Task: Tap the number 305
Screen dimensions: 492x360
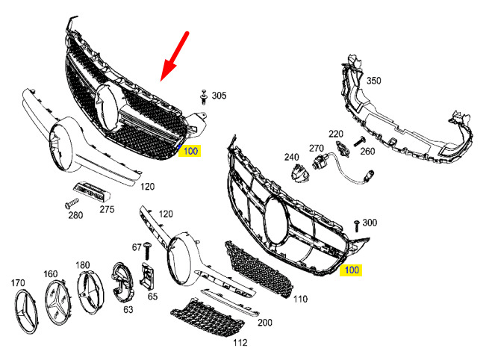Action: tap(219, 96)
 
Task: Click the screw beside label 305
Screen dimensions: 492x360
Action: tap(202, 96)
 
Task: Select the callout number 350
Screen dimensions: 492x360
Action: tap(373, 81)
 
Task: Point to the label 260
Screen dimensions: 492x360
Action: tap(367, 151)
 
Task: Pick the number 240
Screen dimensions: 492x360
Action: tap(291, 157)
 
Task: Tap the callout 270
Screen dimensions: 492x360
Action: tap(317, 148)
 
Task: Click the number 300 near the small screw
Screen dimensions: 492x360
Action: tap(370, 223)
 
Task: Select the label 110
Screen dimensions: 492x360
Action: tap(300, 299)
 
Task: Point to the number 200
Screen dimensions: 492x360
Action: tap(265, 323)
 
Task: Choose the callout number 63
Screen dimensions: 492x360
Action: tap(128, 308)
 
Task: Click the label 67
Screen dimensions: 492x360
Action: tap(137, 246)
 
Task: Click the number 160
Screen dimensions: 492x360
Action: tap(51, 273)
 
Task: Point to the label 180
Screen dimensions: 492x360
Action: tap(83, 264)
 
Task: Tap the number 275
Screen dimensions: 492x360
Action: tap(108, 209)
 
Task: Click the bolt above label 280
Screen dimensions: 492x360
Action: tap(71, 203)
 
